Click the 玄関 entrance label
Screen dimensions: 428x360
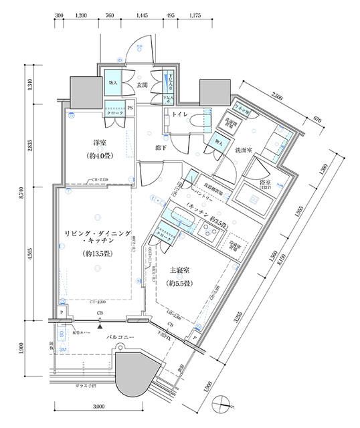pyautogui.click(x=142, y=86)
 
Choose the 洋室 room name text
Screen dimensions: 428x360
pyautogui.click(x=100, y=142)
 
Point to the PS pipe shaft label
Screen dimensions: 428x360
pyautogui.click(x=128, y=108)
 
